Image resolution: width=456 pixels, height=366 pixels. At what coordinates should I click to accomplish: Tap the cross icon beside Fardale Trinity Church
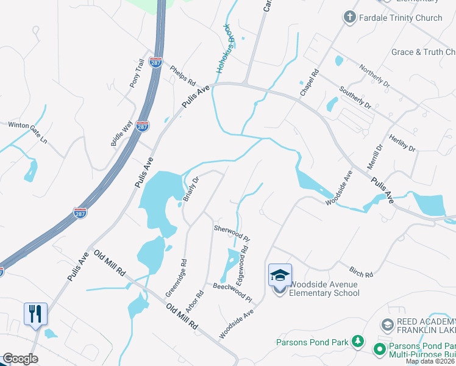pyautogui.click(x=350, y=17)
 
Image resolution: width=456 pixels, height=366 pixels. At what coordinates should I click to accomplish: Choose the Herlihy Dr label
pyautogui.click(x=402, y=144)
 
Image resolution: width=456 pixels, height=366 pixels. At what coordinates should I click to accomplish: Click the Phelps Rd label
pyautogui.click(x=182, y=76)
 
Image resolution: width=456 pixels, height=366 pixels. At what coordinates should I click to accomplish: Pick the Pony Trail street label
pyautogui.click(x=136, y=73)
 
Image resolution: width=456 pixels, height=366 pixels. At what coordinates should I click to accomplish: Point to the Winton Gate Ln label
pyautogui.click(x=27, y=132)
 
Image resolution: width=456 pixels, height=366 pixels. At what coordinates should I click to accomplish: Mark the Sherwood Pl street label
pyautogui.click(x=231, y=232)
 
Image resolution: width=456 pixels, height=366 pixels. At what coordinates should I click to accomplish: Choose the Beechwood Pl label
pyautogui.click(x=232, y=292)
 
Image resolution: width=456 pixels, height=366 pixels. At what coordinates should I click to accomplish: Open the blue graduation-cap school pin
pyautogui.click(x=280, y=275)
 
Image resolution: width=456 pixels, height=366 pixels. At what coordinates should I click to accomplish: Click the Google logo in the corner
pyautogui.click(x=20, y=359)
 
